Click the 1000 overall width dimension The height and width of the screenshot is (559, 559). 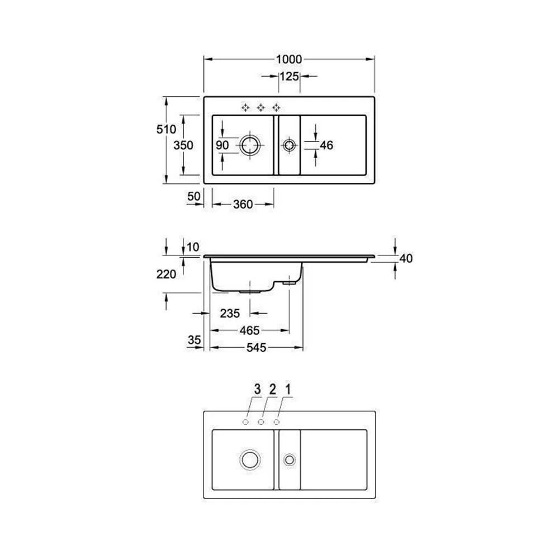click(x=289, y=59)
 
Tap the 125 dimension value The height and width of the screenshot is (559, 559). click(x=289, y=76)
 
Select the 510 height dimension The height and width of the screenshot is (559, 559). click(x=166, y=129)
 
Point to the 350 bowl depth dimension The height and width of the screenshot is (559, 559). click(x=183, y=145)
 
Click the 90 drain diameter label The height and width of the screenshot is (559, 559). click(x=222, y=145)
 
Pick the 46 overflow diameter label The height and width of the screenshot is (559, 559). click(x=326, y=145)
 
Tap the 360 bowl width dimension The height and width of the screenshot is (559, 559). click(x=243, y=204)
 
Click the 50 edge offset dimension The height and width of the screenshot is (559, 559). click(x=193, y=196)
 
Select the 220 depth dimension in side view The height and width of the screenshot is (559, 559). click(x=166, y=274)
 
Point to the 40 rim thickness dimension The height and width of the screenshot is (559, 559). click(x=406, y=258)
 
